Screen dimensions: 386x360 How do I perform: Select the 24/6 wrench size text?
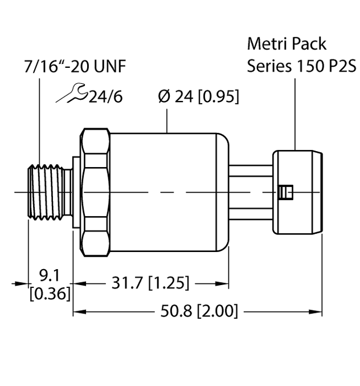[x=107, y=96]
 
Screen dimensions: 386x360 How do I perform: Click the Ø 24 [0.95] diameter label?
[x=198, y=96]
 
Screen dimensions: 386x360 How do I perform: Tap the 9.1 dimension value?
[x=50, y=276]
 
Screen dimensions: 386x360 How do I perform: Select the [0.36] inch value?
[x=50, y=293]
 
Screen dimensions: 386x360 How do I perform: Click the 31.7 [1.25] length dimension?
[x=150, y=282]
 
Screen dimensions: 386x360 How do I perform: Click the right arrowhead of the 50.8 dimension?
[x=318, y=312]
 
